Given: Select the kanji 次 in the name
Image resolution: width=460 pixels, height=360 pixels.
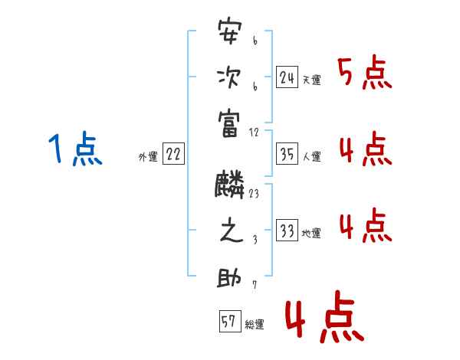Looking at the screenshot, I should click(x=230, y=78).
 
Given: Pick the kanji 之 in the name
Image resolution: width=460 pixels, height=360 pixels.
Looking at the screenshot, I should click(x=230, y=232).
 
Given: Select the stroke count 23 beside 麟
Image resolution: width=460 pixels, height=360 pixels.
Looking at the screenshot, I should click(x=254, y=195).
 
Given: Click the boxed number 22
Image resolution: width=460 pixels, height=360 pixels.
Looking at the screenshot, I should click(x=173, y=155).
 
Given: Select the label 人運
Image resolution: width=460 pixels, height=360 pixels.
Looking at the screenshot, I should click(x=311, y=157).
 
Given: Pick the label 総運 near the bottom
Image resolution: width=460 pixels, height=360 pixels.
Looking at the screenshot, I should click(x=255, y=325).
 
